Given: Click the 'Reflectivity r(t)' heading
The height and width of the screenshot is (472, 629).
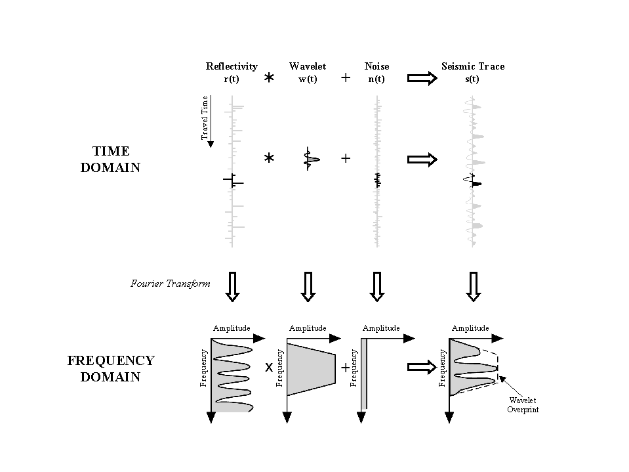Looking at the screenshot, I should pos(232,73).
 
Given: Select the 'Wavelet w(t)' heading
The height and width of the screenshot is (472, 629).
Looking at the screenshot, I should pos(307,73).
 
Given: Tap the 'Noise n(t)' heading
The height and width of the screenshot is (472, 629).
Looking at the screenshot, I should pos(376,73).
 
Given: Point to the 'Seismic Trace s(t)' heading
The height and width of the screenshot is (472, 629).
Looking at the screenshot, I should pos(472,73).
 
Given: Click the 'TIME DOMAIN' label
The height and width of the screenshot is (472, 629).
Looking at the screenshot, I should pos(110,160).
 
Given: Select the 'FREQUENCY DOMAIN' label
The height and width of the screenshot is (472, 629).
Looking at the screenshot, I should pos(111,369).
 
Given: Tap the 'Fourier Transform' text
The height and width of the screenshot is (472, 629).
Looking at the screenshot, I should pos(170,284).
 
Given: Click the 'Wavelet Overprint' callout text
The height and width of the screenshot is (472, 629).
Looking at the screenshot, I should pos(522,404).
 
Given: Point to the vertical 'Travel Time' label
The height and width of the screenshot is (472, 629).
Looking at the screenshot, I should pos(205,117).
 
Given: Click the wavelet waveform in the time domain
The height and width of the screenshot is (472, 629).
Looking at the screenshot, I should pos(310,158).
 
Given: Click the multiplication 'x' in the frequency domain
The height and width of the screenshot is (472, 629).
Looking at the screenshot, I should pos(268,368).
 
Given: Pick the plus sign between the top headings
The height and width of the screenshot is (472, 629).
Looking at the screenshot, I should pos(346,78).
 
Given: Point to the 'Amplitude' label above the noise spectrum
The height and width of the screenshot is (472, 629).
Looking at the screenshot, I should pos(380,328).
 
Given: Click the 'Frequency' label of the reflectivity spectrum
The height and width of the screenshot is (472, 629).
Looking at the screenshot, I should pos(204,368).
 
